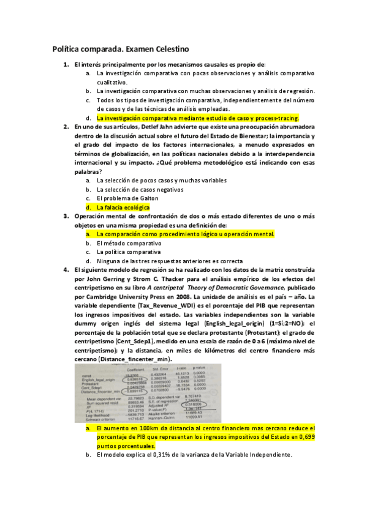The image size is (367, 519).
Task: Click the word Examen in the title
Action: [131, 48]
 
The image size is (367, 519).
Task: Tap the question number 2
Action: [66, 127]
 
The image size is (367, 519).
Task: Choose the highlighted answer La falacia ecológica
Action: [123, 207]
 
